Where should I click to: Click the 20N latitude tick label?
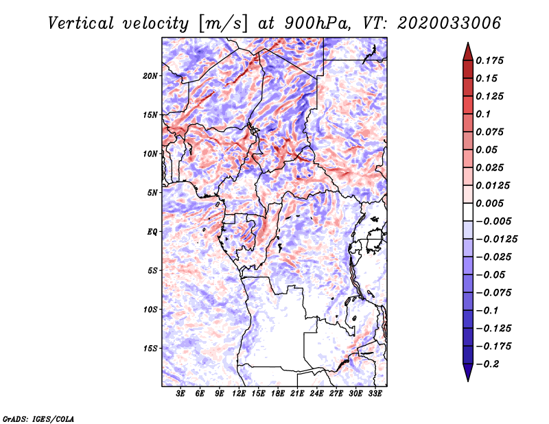[150, 76]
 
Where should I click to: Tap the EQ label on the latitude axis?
[152, 232]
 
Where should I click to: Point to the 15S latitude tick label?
[150, 349]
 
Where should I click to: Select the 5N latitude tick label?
[152, 193]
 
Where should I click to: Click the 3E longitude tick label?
[180, 394]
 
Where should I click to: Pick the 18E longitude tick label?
[278, 394]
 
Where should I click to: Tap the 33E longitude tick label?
[375, 394]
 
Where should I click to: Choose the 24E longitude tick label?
[316, 394]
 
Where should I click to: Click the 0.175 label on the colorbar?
[489, 60]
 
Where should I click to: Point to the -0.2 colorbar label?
[487, 364]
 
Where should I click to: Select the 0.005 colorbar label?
[489, 203]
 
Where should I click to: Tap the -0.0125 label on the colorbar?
[496, 239]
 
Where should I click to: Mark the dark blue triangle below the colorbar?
[468, 371]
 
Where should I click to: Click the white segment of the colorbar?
[468, 212]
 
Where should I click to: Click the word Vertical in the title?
[81, 23]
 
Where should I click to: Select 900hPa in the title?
[318, 23]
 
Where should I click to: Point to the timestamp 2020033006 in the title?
[449, 23]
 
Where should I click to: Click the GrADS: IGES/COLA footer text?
[38, 419]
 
